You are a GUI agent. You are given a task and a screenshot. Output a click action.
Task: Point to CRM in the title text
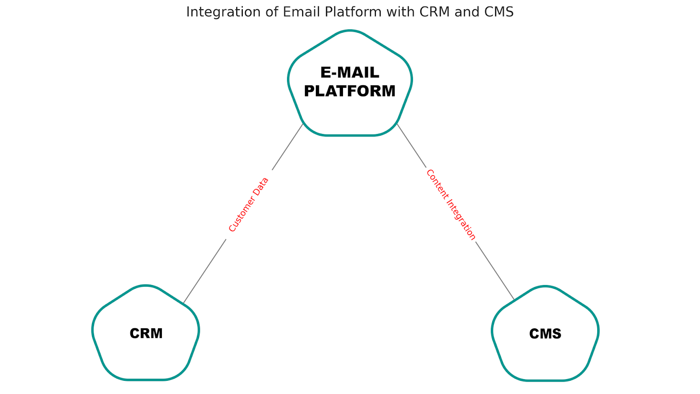tap(434, 12)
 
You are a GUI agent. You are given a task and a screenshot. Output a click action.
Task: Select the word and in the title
tap(467, 12)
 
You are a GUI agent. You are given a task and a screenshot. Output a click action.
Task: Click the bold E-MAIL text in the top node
tap(350, 72)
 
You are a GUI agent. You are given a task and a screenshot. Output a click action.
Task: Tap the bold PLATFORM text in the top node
tap(350, 91)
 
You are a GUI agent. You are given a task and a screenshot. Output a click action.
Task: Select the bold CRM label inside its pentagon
tap(146, 334)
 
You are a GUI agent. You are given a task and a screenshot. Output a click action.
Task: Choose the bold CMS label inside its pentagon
tap(545, 334)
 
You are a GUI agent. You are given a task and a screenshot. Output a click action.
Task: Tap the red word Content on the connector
tap(436, 184)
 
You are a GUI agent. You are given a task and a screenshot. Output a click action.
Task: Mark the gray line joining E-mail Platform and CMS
tap(494, 270)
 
